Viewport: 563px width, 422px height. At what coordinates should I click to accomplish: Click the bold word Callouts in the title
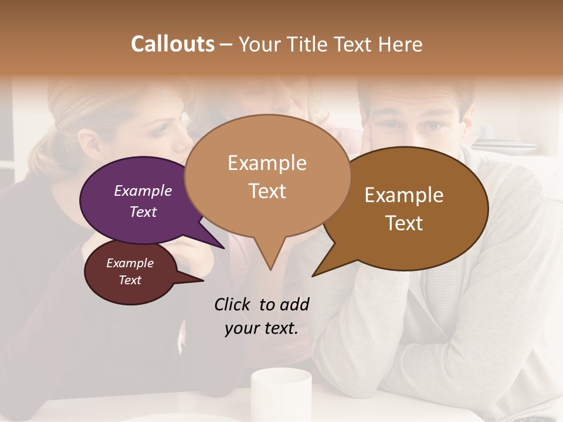(x=172, y=45)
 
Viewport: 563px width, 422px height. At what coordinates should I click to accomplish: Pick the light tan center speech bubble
(x=267, y=176)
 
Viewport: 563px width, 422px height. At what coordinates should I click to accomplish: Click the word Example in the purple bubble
(x=143, y=191)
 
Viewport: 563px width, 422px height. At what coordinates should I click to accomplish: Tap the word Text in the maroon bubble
(x=130, y=280)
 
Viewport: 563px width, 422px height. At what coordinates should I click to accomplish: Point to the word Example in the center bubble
(x=267, y=163)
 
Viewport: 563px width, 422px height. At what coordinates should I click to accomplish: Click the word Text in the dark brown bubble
(x=404, y=223)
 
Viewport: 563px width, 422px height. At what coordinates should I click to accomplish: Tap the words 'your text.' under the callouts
(x=261, y=329)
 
